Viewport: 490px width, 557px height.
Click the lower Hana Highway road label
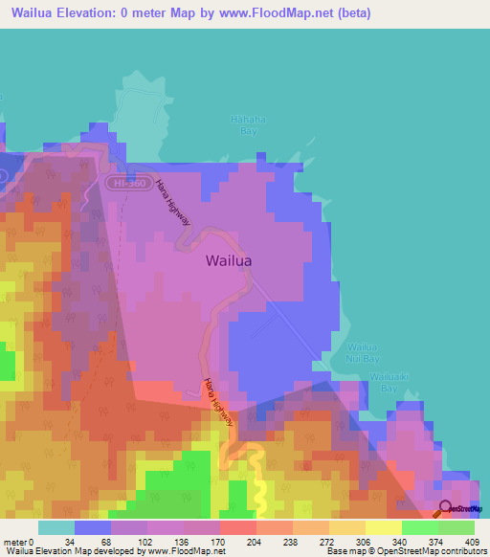coord(217,401)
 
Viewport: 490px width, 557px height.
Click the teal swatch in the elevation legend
coord(56,526)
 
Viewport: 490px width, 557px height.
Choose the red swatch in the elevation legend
coord(238,526)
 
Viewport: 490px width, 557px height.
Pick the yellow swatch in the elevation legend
coord(384,526)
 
